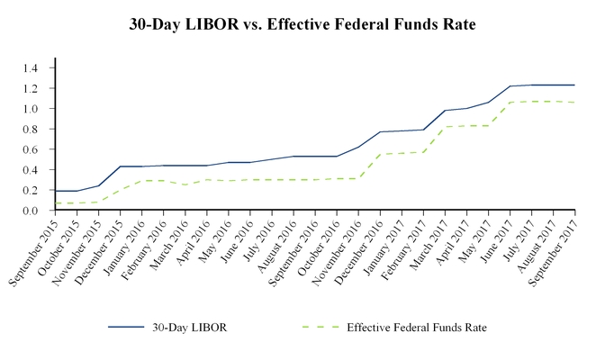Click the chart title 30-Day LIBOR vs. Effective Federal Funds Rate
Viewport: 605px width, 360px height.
[x=302, y=25]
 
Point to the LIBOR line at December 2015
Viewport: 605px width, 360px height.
[x=121, y=166]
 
